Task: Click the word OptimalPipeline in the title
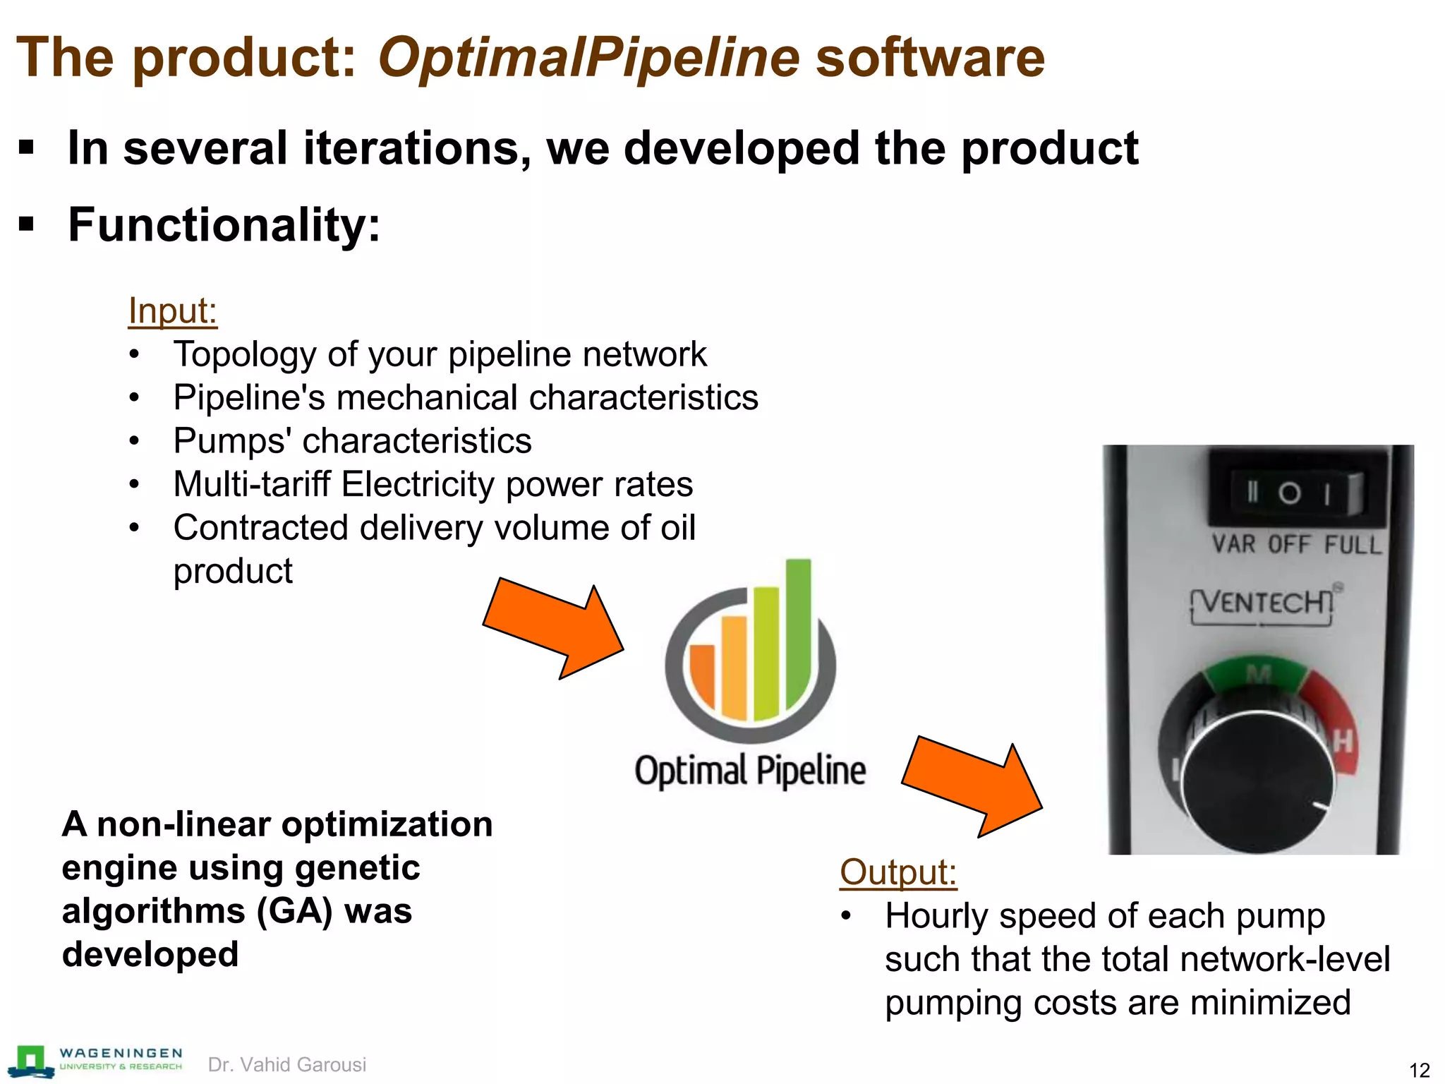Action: pos(588,58)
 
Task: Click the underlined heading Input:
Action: pos(172,311)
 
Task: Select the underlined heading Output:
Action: pos(897,872)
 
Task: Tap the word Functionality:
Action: pos(224,225)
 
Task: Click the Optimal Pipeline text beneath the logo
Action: pos(750,771)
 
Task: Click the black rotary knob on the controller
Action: pos(1257,783)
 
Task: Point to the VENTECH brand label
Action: pos(1263,603)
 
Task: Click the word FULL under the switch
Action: pos(1352,546)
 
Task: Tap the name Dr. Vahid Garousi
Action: pos(287,1064)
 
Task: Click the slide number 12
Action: pos(1419,1070)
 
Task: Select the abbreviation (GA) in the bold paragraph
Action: pos(294,911)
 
